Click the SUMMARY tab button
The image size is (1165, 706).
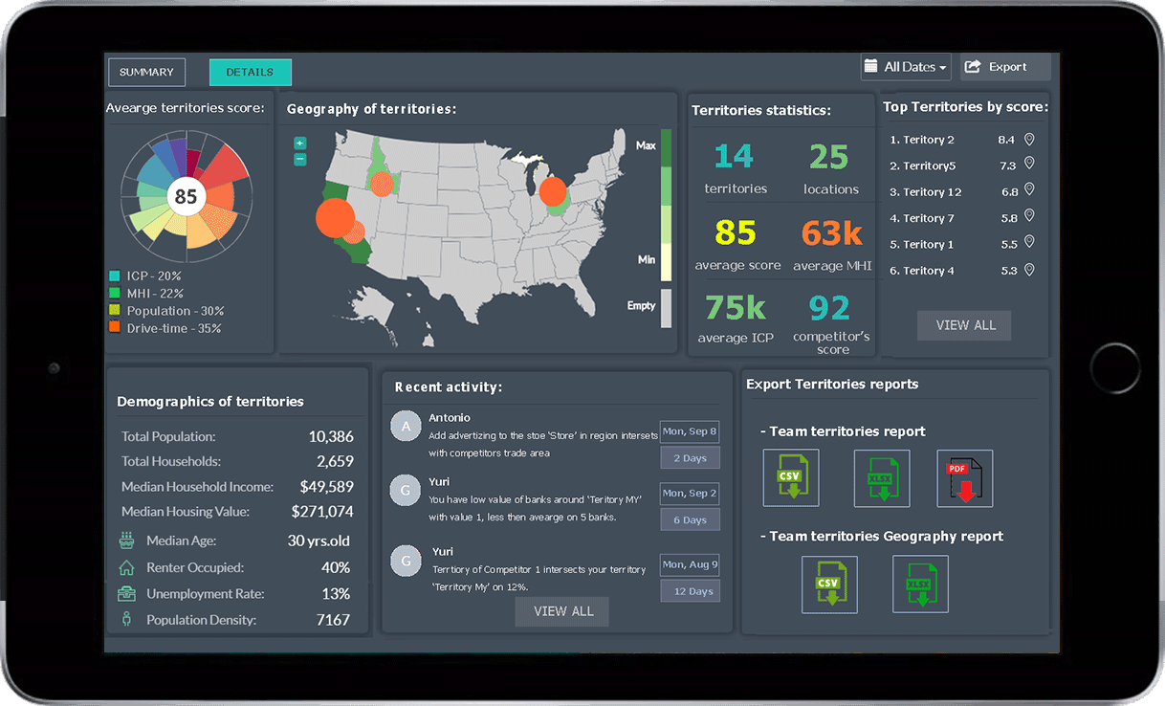point(146,72)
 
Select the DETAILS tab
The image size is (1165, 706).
point(250,72)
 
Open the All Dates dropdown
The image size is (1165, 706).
point(906,67)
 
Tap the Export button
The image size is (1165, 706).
point(1005,67)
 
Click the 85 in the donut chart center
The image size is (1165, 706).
point(186,196)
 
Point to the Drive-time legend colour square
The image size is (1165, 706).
point(115,328)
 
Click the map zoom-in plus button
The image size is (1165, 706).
point(300,143)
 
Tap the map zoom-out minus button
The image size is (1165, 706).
point(300,160)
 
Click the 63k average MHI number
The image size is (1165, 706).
point(831,232)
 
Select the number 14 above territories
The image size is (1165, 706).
point(734,156)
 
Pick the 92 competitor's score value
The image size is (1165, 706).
point(829,308)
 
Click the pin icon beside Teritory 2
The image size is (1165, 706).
point(1029,140)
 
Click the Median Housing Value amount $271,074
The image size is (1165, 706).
point(322,512)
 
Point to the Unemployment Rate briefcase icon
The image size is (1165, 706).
point(126,593)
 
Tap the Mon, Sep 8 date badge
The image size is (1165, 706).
point(689,431)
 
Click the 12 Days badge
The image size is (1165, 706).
point(690,591)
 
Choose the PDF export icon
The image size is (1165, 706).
point(964,478)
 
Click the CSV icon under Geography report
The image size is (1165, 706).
point(829,584)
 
